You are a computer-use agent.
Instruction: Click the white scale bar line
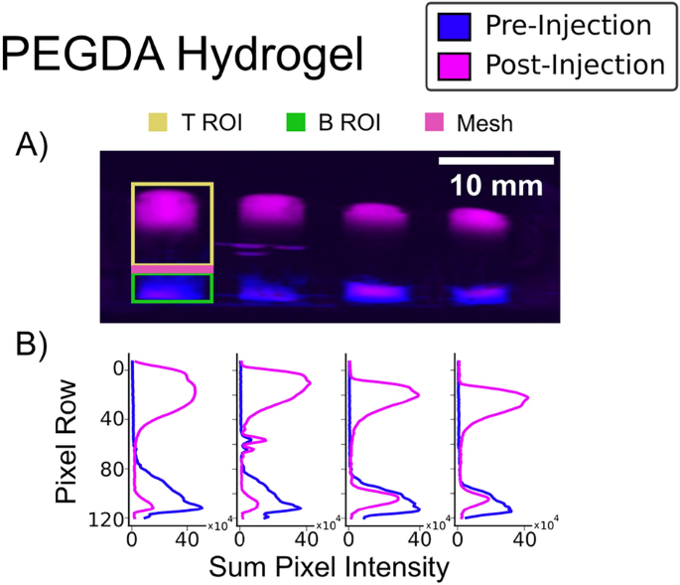pyautogui.click(x=496, y=160)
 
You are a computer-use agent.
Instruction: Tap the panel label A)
pyautogui.click(x=37, y=146)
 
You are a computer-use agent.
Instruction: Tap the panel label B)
pyautogui.click(x=37, y=344)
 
